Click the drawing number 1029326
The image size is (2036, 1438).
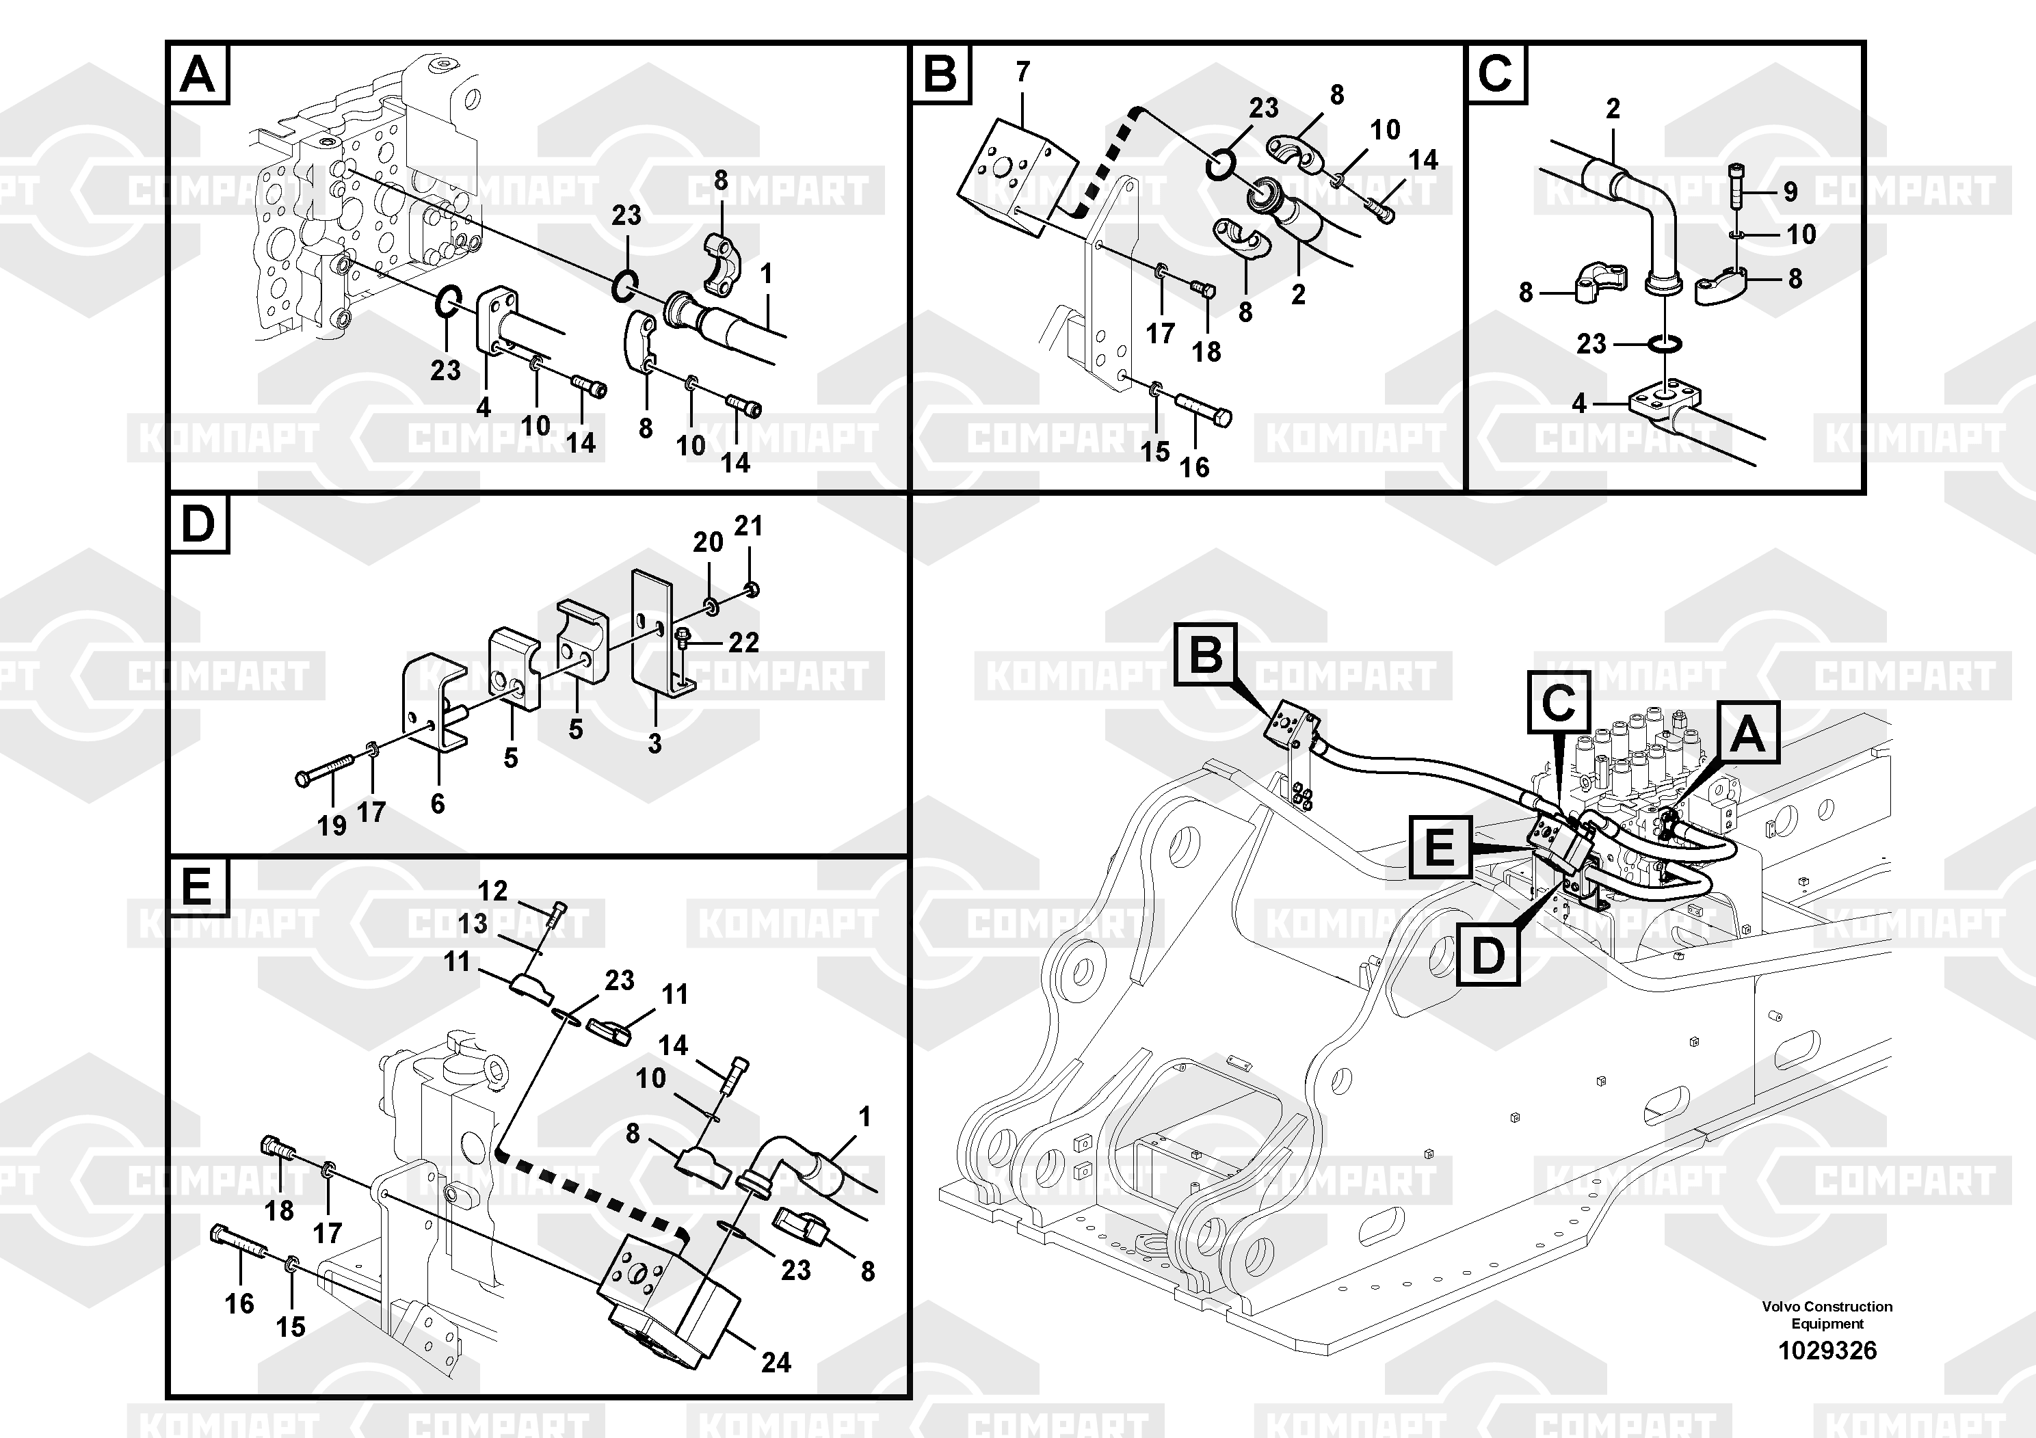click(1827, 1350)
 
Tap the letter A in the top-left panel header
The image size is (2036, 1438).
click(197, 75)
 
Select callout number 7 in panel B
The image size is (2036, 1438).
click(1022, 72)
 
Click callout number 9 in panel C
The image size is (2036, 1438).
click(1790, 191)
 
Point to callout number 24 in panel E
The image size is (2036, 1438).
click(776, 1361)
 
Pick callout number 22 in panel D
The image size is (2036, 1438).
click(743, 642)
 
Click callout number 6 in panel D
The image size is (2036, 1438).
click(437, 803)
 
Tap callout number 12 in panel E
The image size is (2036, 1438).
click(492, 890)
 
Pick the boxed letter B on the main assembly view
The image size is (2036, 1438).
click(1205, 655)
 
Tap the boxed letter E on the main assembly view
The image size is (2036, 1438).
click(1438, 847)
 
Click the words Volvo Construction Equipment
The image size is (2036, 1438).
click(1827, 1315)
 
